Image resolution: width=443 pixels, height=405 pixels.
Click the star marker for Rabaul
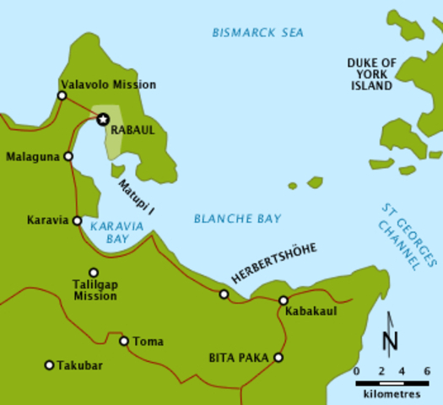pos(103,120)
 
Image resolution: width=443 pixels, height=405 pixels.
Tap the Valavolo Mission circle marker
pos(62,96)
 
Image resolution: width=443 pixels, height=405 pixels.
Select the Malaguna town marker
pos(68,156)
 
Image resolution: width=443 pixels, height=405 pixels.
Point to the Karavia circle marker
pos(77,221)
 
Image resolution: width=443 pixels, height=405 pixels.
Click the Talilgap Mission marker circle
pos(94,273)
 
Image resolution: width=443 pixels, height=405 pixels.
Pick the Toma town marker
pos(124,341)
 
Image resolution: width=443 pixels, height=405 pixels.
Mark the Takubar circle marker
pos(49,365)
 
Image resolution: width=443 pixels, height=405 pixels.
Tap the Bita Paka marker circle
pos(278,357)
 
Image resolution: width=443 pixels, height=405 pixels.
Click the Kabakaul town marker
pos(284,300)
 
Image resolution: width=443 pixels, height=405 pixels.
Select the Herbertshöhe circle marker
pos(224,294)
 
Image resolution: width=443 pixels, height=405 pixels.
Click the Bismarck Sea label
pos(257,33)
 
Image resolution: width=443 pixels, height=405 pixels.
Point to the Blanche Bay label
pos(238,219)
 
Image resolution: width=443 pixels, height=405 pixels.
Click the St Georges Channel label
pos(400,235)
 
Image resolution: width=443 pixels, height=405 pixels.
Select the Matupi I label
pos(135,197)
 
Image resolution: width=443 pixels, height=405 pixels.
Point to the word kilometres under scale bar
pos(392,393)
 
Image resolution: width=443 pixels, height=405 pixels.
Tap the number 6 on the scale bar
pos(427,371)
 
